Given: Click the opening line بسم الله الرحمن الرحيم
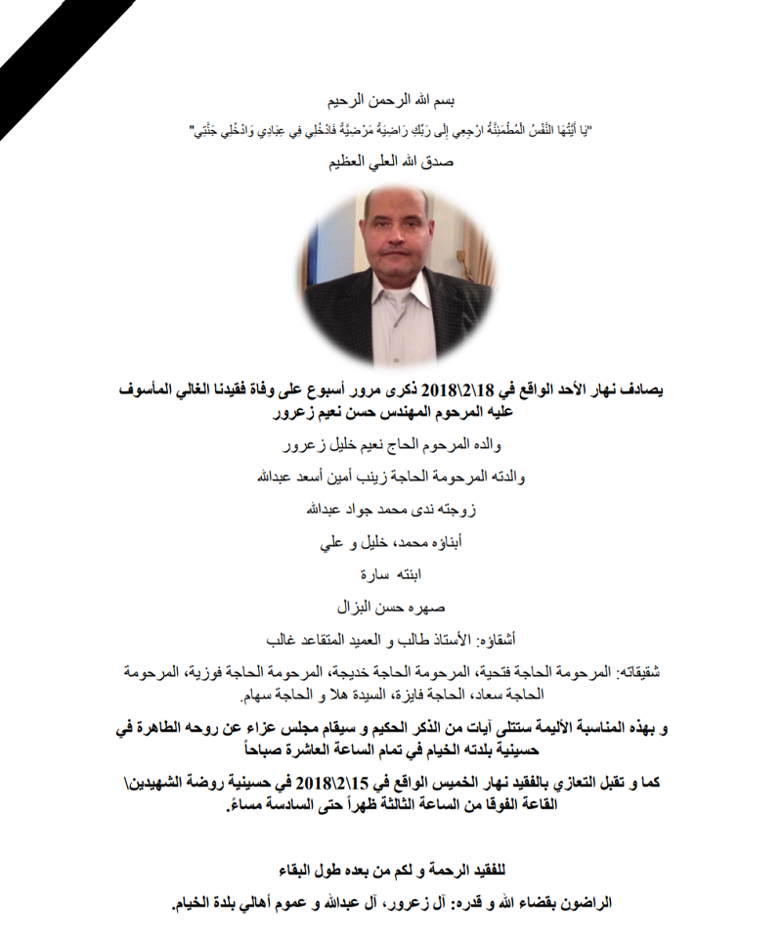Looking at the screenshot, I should point(390,101).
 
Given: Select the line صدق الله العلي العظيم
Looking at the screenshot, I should point(390,161).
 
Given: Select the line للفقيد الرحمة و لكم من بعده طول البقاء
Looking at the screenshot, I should point(390,870).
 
